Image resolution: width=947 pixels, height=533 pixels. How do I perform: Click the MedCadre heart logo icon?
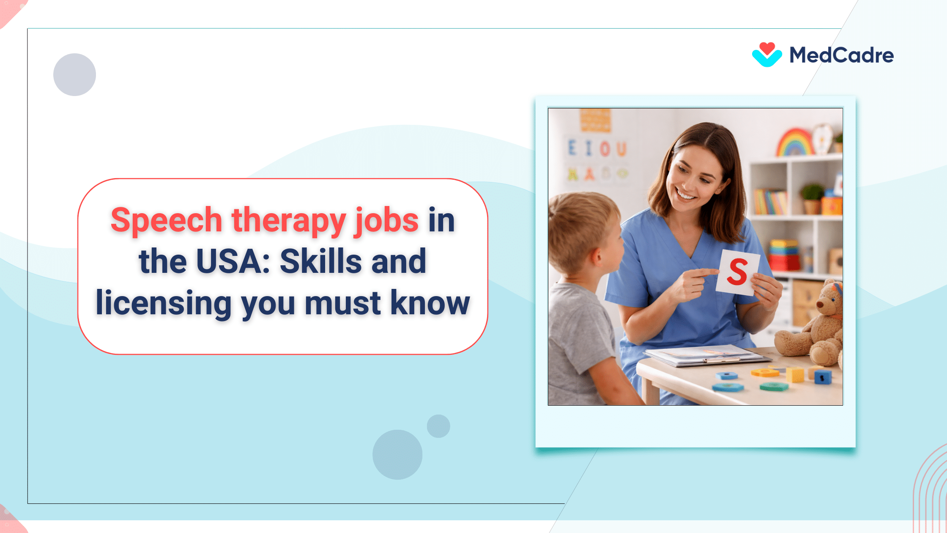[x=767, y=55]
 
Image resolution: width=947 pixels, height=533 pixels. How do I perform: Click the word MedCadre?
[x=841, y=55]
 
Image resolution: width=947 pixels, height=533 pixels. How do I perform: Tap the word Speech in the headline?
[x=166, y=220]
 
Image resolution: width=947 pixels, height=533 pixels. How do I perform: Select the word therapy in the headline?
[x=289, y=220]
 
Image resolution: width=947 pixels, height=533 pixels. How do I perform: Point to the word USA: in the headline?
[x=233, y=261]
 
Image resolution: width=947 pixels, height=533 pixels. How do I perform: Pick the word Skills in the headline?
[x=320, y=261]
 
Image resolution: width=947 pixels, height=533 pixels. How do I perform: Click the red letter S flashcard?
[x=737, y=272]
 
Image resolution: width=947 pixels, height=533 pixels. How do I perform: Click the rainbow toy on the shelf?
[x=795, y=143]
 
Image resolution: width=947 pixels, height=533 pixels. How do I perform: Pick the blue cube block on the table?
[x=822, y=377]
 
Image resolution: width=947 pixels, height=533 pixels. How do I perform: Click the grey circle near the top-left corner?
[x=74, y=74]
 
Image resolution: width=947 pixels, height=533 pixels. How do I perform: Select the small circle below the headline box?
[x=438, y=426]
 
